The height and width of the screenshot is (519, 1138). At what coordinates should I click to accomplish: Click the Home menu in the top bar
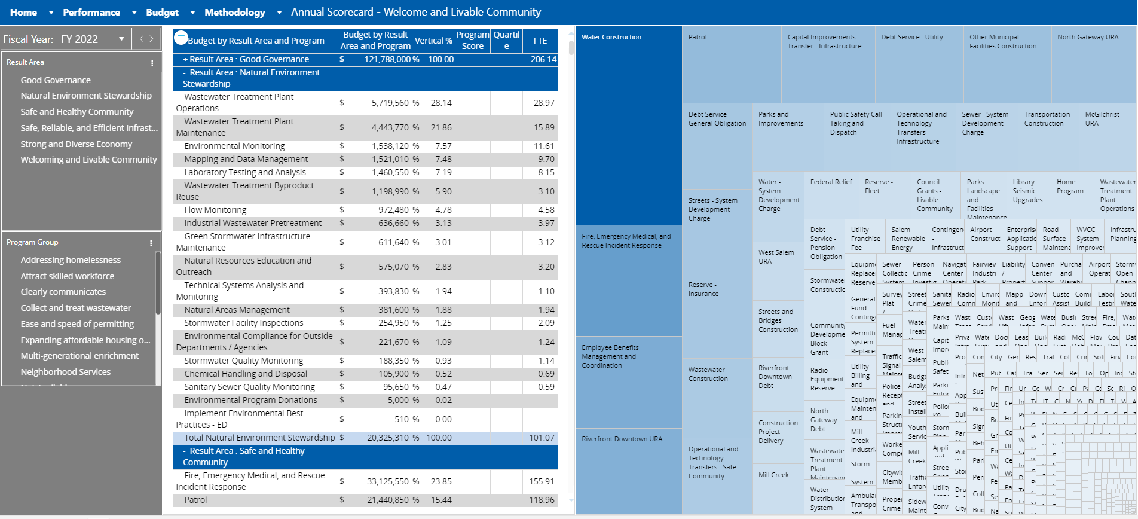(24, 12)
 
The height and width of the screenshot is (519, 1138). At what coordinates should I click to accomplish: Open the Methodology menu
(235, 12)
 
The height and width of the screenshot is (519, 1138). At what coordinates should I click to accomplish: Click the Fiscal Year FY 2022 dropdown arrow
(121, 39)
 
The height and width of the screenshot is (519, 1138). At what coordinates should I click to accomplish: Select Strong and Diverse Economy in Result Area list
(76, 144)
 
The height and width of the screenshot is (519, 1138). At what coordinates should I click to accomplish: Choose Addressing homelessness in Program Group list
(71, 260)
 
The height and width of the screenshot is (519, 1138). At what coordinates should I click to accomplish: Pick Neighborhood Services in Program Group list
(66, 372)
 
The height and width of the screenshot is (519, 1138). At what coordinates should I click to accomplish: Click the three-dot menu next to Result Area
(152, 63)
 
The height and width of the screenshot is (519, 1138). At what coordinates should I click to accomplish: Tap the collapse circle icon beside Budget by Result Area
(181, 38)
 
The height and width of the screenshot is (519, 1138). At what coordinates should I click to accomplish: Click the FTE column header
(540, 41)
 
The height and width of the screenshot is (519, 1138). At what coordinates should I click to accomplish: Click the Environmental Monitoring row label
(234, 146)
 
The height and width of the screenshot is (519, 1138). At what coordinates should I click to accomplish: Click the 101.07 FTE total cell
(541, 438)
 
